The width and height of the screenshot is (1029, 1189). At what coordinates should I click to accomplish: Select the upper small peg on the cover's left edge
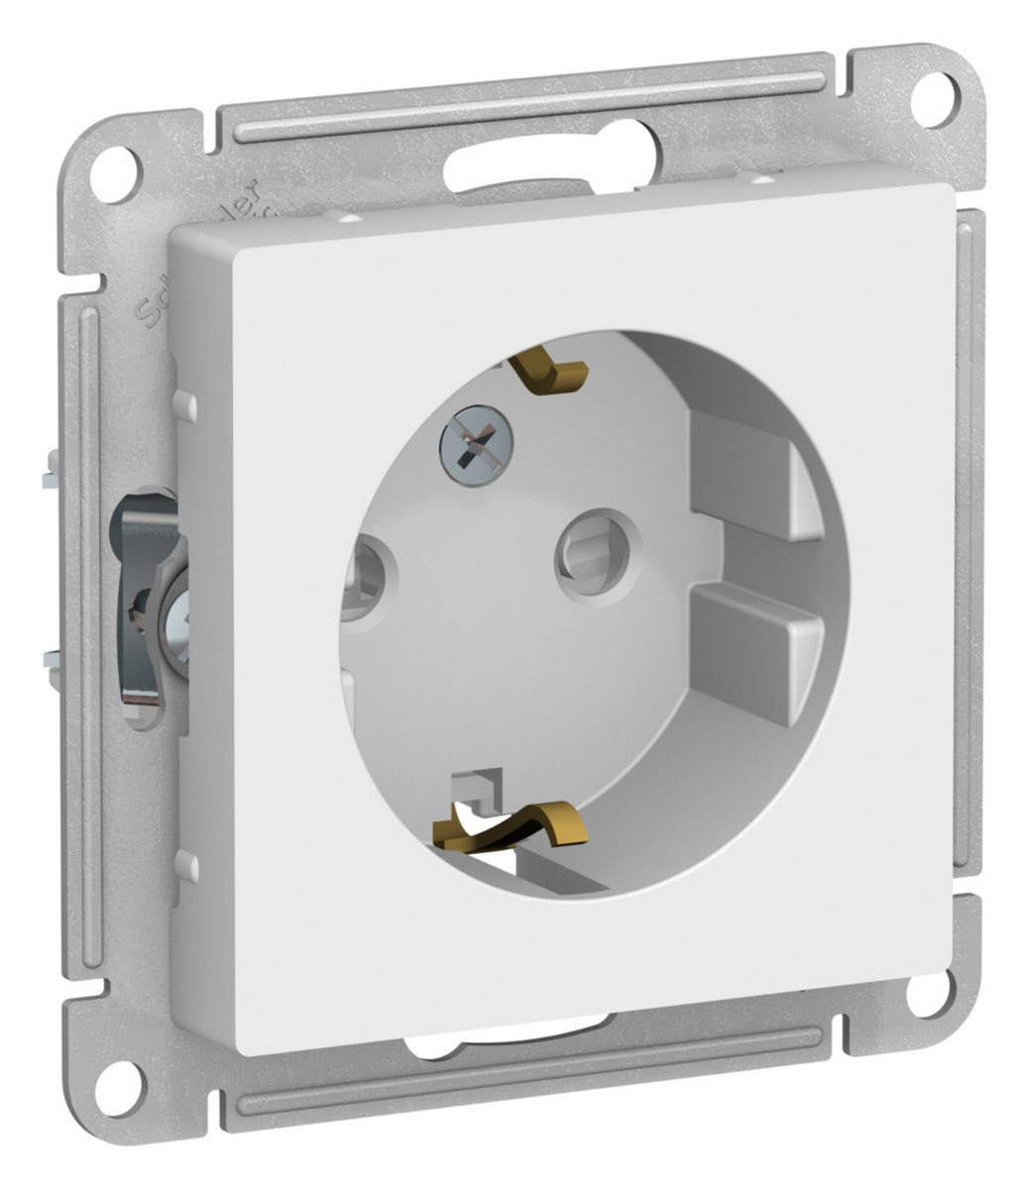pos(183,404)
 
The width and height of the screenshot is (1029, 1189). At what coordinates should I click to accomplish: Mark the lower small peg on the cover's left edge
pos(184,864)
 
